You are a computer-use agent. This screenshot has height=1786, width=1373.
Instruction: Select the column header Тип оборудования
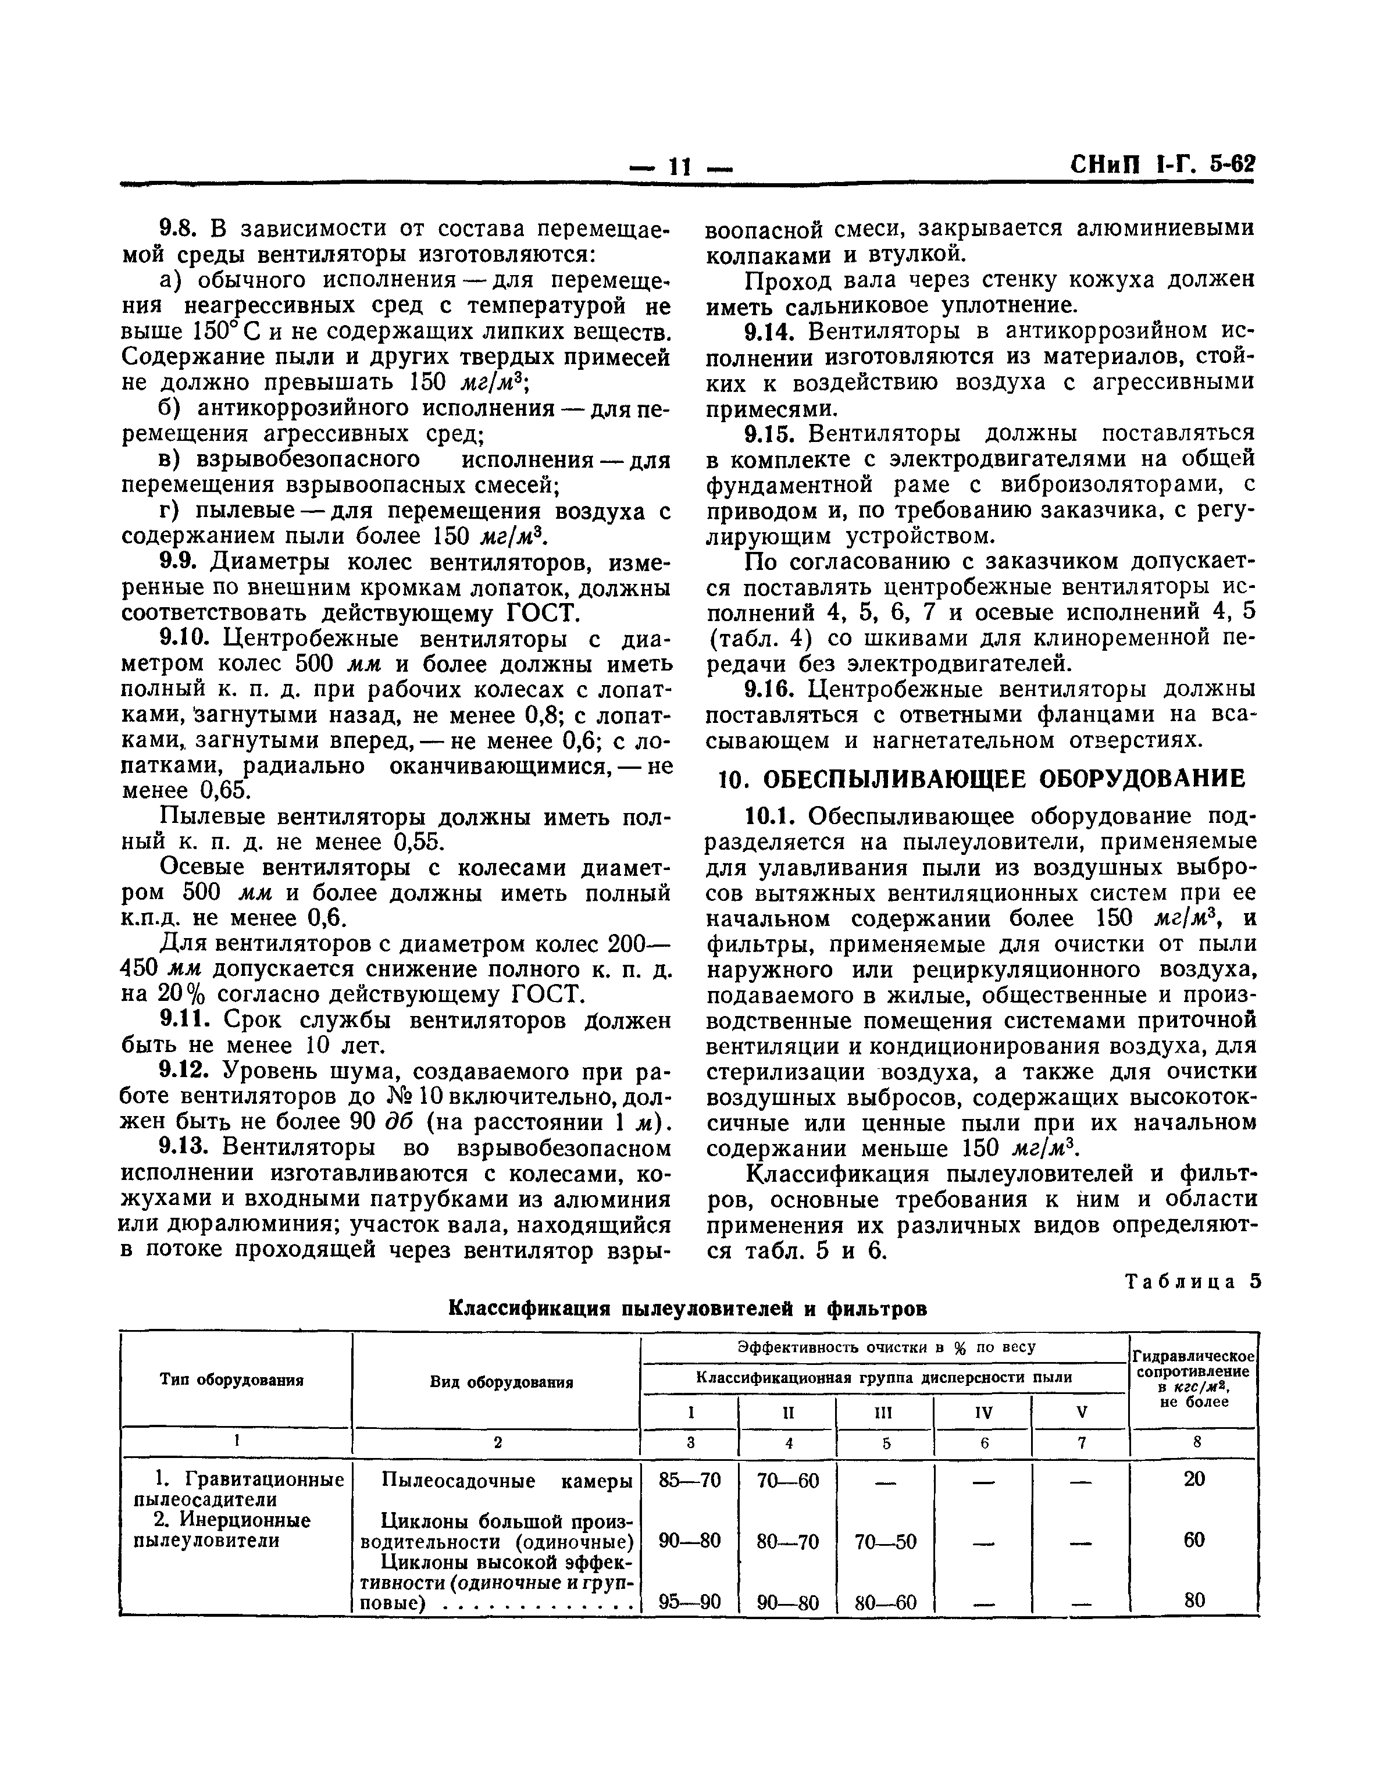[x=231, y=1381]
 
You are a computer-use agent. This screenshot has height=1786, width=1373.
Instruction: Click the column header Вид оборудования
[x=501, y=1382]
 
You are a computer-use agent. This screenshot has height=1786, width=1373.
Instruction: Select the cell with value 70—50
[x=885, y=1542]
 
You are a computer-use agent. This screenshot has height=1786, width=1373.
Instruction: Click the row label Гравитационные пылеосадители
[x=238, y=1489]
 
